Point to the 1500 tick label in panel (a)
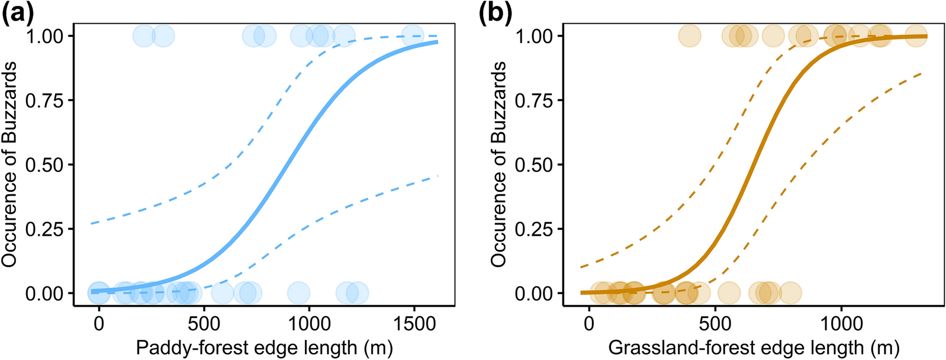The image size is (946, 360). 413,323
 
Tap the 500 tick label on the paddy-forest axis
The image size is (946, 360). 204,323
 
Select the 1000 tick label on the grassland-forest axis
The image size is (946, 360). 841,323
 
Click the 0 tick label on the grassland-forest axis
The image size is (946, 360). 588,323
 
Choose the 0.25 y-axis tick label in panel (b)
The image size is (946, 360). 533,229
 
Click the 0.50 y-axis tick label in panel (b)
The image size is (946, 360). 533,165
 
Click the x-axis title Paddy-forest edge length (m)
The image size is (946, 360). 264,348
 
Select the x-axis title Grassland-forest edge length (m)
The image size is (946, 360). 754,348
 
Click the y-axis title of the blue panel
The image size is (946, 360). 9,164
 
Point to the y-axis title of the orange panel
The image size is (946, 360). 499,164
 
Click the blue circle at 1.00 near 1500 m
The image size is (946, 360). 413,36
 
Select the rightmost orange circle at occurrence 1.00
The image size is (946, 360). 916,36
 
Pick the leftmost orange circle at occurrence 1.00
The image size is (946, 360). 690,36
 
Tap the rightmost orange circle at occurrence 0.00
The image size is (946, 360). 790,292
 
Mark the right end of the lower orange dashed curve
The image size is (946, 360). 921,73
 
